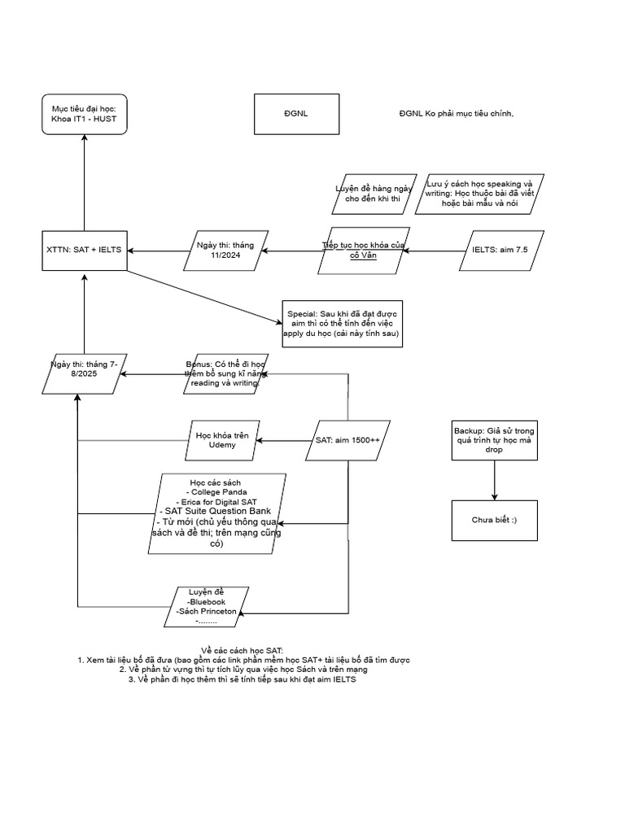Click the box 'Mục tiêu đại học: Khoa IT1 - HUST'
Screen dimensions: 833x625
(x=85, y=114)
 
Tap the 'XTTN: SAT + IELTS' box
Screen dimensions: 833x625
(x=85, y=249)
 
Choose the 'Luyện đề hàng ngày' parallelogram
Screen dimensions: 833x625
(x=374, y=194)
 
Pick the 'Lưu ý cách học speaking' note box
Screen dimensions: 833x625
(x=479, y=194)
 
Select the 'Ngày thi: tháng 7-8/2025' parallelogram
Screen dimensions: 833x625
(x=84, y=373)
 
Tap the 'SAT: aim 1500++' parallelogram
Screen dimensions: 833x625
(x=347, y=441)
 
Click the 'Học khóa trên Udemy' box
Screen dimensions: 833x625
(x=222, y=441)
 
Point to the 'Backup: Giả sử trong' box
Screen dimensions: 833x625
(x=495, y=440)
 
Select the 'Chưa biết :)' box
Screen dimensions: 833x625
(x=495, y=520)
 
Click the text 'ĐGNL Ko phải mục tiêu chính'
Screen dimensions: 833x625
(x=456, y=114)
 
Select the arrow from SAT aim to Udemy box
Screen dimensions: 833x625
(x=285, y=441)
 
